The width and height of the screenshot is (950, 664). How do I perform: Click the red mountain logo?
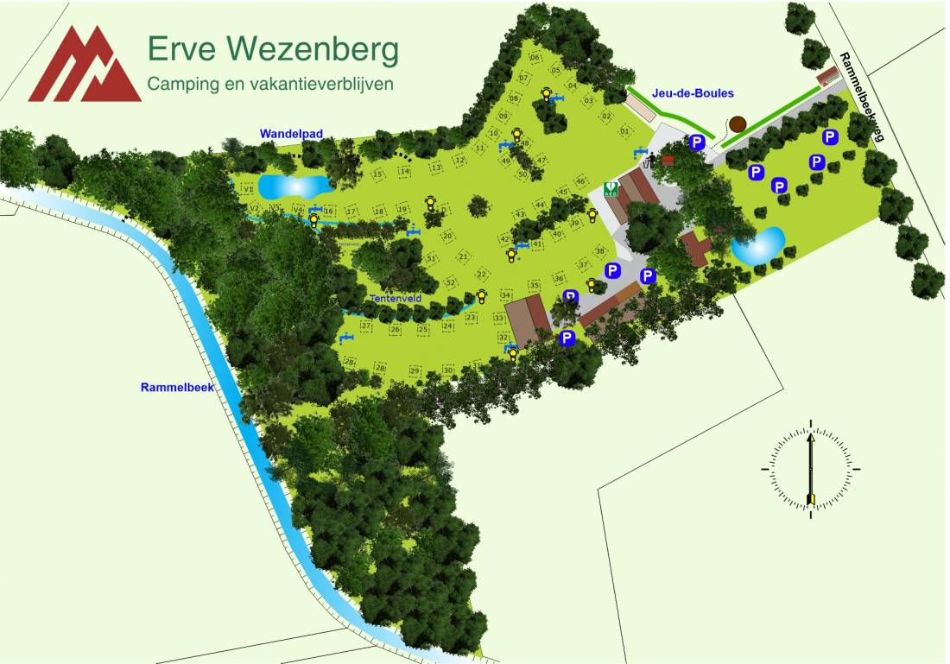(84, 66)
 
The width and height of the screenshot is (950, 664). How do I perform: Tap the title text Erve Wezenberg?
(273, 49)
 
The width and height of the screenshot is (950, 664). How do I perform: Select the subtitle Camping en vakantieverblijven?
(270, 84)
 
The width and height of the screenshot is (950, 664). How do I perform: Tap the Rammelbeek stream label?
(177, 387)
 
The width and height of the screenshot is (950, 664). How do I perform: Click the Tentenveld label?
(395, 298)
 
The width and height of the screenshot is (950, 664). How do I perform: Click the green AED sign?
(611, 187)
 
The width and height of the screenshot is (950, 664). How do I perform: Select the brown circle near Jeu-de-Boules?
(737, 124)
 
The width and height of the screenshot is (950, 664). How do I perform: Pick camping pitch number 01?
(624, 131)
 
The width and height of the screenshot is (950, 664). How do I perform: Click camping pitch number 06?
(535, 58)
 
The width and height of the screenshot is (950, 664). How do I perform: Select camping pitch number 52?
(449, 282)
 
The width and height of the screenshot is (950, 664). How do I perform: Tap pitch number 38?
(599, 251)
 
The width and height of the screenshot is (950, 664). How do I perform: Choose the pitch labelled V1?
(248, 189)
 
